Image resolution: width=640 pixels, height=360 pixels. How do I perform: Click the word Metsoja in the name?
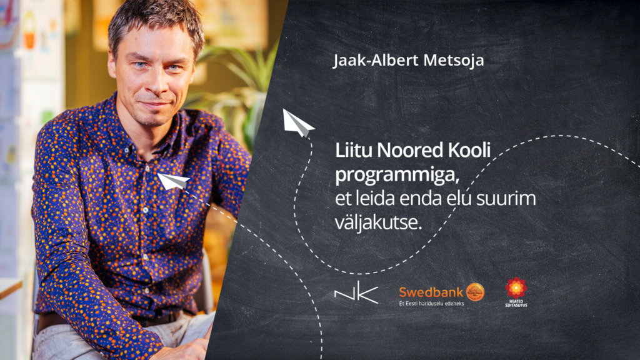click(454, 61)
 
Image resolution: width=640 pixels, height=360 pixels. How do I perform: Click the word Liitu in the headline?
click(354, 150)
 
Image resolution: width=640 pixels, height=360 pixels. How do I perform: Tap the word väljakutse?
click(378, 223)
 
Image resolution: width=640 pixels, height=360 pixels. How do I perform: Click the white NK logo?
click(356, 292)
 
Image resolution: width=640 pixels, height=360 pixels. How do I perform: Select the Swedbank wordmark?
click(431, 292)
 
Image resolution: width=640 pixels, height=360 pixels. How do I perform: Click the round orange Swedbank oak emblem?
click(475, 292)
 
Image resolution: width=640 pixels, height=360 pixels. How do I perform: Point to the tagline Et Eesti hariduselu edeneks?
click(431, 303)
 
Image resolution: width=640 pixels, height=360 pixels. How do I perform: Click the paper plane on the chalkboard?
click(298, 123)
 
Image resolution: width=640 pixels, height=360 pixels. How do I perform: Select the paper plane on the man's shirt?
click(172, 181)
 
